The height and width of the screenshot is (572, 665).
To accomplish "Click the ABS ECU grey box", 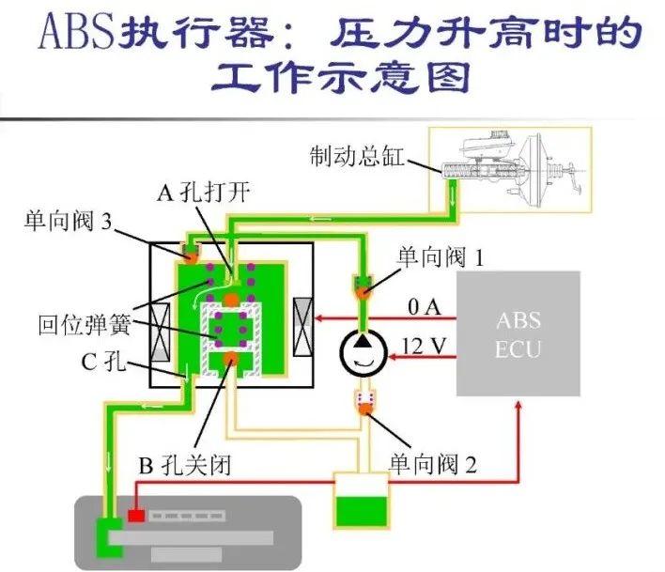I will click(x=518, y=333).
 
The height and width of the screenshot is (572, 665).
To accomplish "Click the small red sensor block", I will click(x=136, y=516).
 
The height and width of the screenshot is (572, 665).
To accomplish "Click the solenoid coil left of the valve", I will click(x=161, y=333).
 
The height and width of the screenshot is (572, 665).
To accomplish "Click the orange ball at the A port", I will click(x=230, y=299).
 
